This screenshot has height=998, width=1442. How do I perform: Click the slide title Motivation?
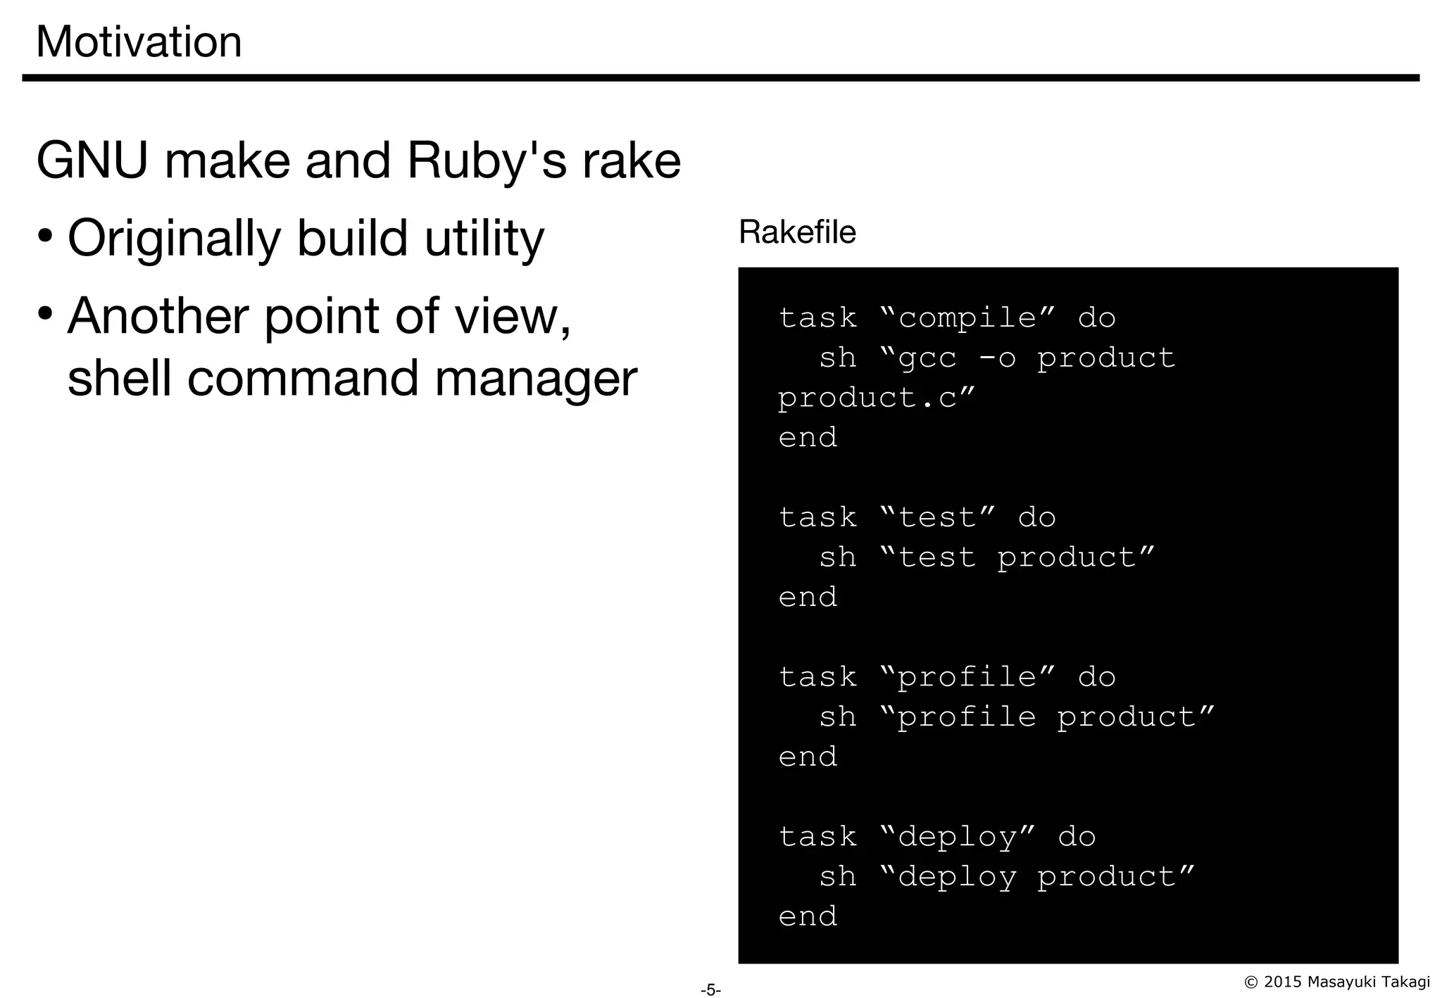pos(139,42)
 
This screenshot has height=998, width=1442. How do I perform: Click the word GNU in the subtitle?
pos(92,161)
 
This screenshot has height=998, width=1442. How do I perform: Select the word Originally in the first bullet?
pos(174,239)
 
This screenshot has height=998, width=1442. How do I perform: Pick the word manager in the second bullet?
pos(536,379)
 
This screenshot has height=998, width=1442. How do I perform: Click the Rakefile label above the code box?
pos(797,232)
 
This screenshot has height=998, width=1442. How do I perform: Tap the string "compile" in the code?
pos(967,318)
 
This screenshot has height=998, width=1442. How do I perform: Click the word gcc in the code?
pos(927,358)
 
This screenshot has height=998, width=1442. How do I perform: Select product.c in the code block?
pos(867,398)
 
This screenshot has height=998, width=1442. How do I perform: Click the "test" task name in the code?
pos(937,518)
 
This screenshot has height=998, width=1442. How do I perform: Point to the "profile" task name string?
pos(967,677)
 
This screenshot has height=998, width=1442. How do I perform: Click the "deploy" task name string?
pos(958,837)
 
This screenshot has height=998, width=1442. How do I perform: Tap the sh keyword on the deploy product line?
pos(838,877)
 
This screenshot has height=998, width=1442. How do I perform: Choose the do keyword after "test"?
pos(1036,518)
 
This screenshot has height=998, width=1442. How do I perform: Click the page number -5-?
pos(710,990)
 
